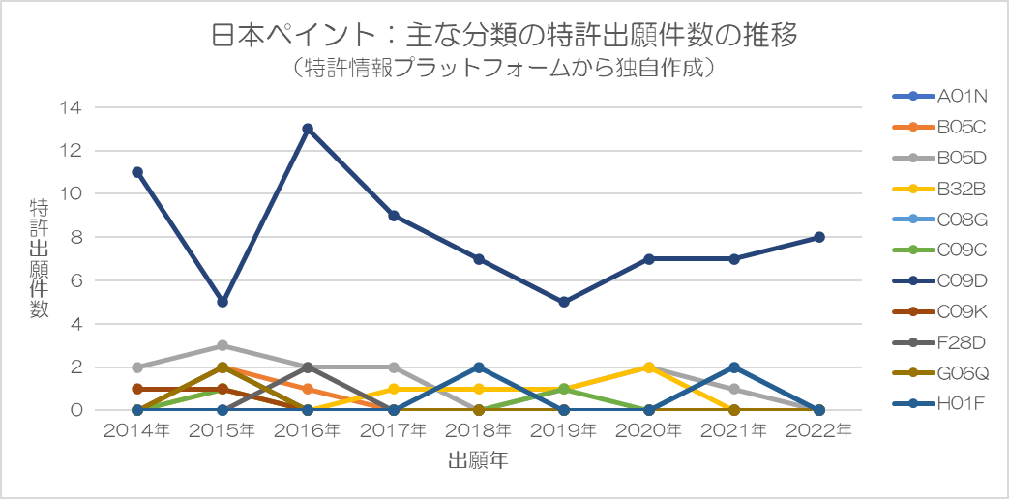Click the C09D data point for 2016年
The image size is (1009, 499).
[x=308, y=129]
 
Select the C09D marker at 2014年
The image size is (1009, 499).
[x=137, y=172]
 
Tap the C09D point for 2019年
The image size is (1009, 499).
[x=564, y=302]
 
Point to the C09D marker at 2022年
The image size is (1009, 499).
[x=819, y=237]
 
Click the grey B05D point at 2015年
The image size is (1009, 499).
[x=223, y=345]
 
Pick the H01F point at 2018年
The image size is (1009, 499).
[x=479, y=367]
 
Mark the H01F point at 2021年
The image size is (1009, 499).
[x=734, y=367]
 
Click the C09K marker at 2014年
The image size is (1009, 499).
[x=137, y=389]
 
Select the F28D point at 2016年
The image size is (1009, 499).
[x=308, y=367]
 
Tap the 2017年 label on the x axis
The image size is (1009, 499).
[x=393, y=430]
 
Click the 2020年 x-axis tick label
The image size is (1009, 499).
[x=649, y=430]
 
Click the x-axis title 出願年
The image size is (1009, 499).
[x=478, y=461]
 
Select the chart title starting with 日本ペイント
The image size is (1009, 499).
[x=504, y=37]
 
